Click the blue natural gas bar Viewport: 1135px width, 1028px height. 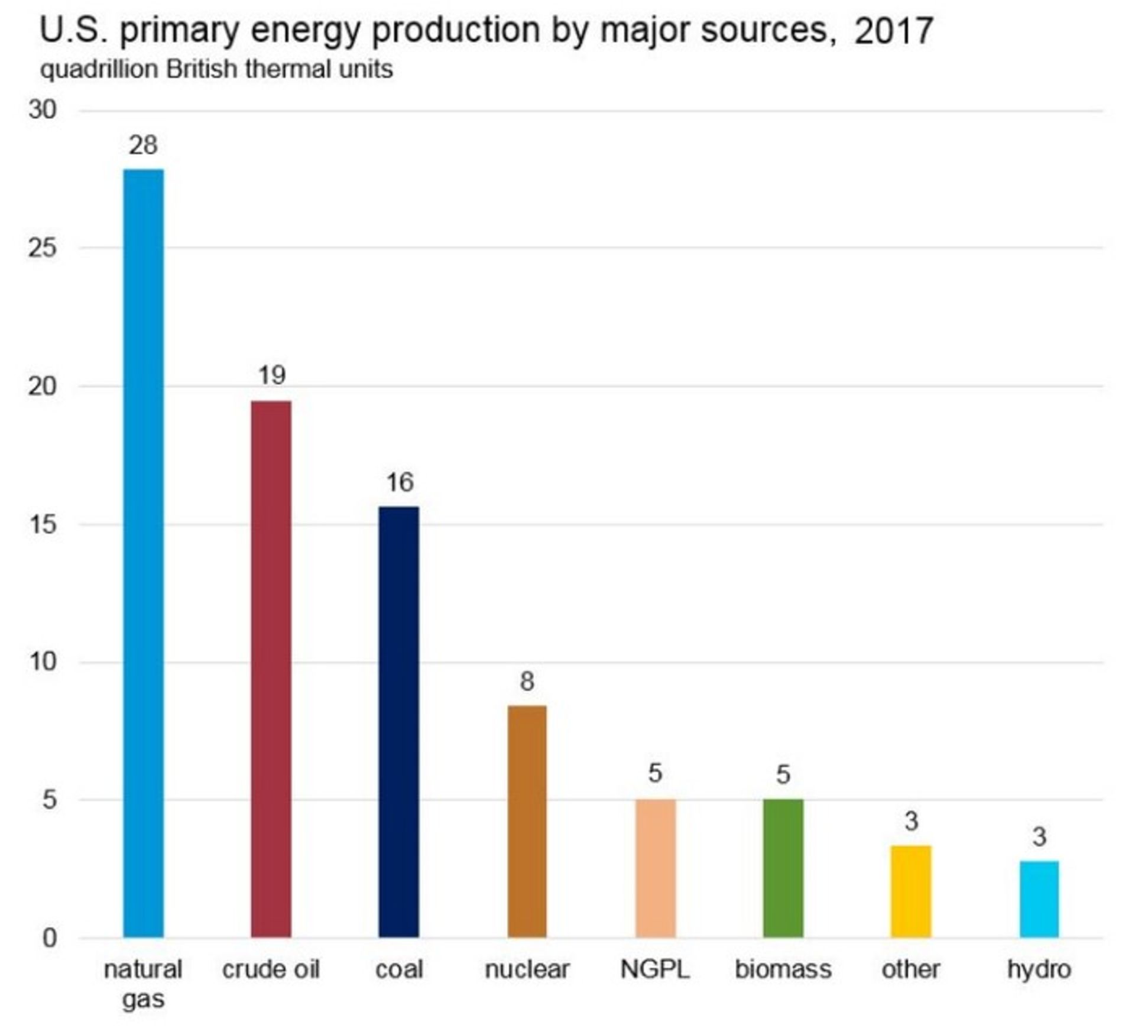click(x=143, y=553)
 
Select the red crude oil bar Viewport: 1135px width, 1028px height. click(x=271, y=669)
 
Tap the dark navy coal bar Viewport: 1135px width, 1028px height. click(x=398, y=721)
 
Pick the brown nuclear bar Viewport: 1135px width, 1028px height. click(x=527, y=821)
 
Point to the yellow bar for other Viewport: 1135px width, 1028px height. click(x=911, y=891)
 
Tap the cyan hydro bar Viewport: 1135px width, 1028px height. click(x=1039, y=899)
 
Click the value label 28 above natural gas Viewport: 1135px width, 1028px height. click(x=143, y=145)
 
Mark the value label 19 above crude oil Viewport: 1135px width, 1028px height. click(x=271, y=375)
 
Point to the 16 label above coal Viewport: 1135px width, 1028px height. click(x=400, y=482)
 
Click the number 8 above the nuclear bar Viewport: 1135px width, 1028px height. click(x=527, y=682)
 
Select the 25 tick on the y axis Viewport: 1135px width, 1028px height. click(x=42, y=248)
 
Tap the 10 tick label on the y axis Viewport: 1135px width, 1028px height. click(x=42, y=661)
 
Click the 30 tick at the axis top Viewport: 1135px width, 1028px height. click(x=42, y=110)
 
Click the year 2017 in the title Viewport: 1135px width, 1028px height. click(x=893, y=31)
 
